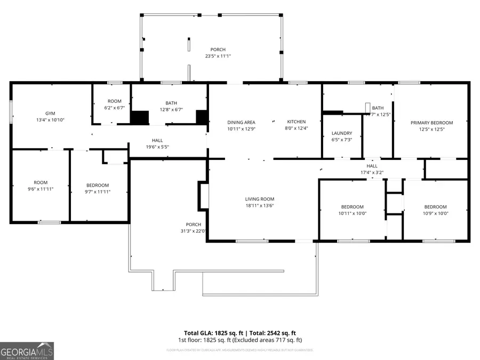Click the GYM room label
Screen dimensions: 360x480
[x=51, y=113]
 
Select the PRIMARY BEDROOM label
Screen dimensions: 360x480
[x=431, y=123]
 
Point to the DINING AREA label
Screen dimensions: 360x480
[x=241, y=122]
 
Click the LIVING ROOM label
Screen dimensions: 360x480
[x=260, y=199]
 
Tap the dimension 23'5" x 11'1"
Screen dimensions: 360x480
[x=218, y=56]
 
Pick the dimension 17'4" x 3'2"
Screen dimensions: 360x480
[x=372, y=172]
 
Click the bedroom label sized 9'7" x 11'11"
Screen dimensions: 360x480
[x=98, y=185]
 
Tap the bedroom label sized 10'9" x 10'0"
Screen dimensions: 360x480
[x=435, y=207]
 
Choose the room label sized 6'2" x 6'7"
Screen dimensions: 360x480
[x=114, y=101]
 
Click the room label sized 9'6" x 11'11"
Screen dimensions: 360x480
[x=41, y=182]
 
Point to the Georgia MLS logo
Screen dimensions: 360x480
[x=27, y=351]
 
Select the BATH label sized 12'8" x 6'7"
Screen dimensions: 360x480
[x=171, y=103]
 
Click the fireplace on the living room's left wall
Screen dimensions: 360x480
[x=203, y=195]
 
